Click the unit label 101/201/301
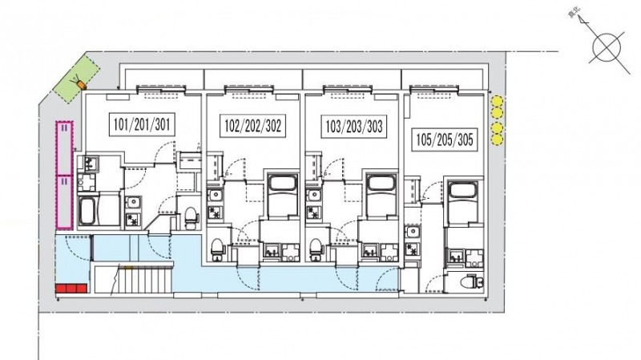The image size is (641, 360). [143, 125]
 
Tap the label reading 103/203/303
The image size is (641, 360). [353, 126]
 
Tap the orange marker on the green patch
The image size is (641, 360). [78, 80]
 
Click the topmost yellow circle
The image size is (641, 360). [497, 102]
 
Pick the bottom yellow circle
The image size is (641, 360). [497, 140]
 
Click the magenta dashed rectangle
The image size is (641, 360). [62, 175]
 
